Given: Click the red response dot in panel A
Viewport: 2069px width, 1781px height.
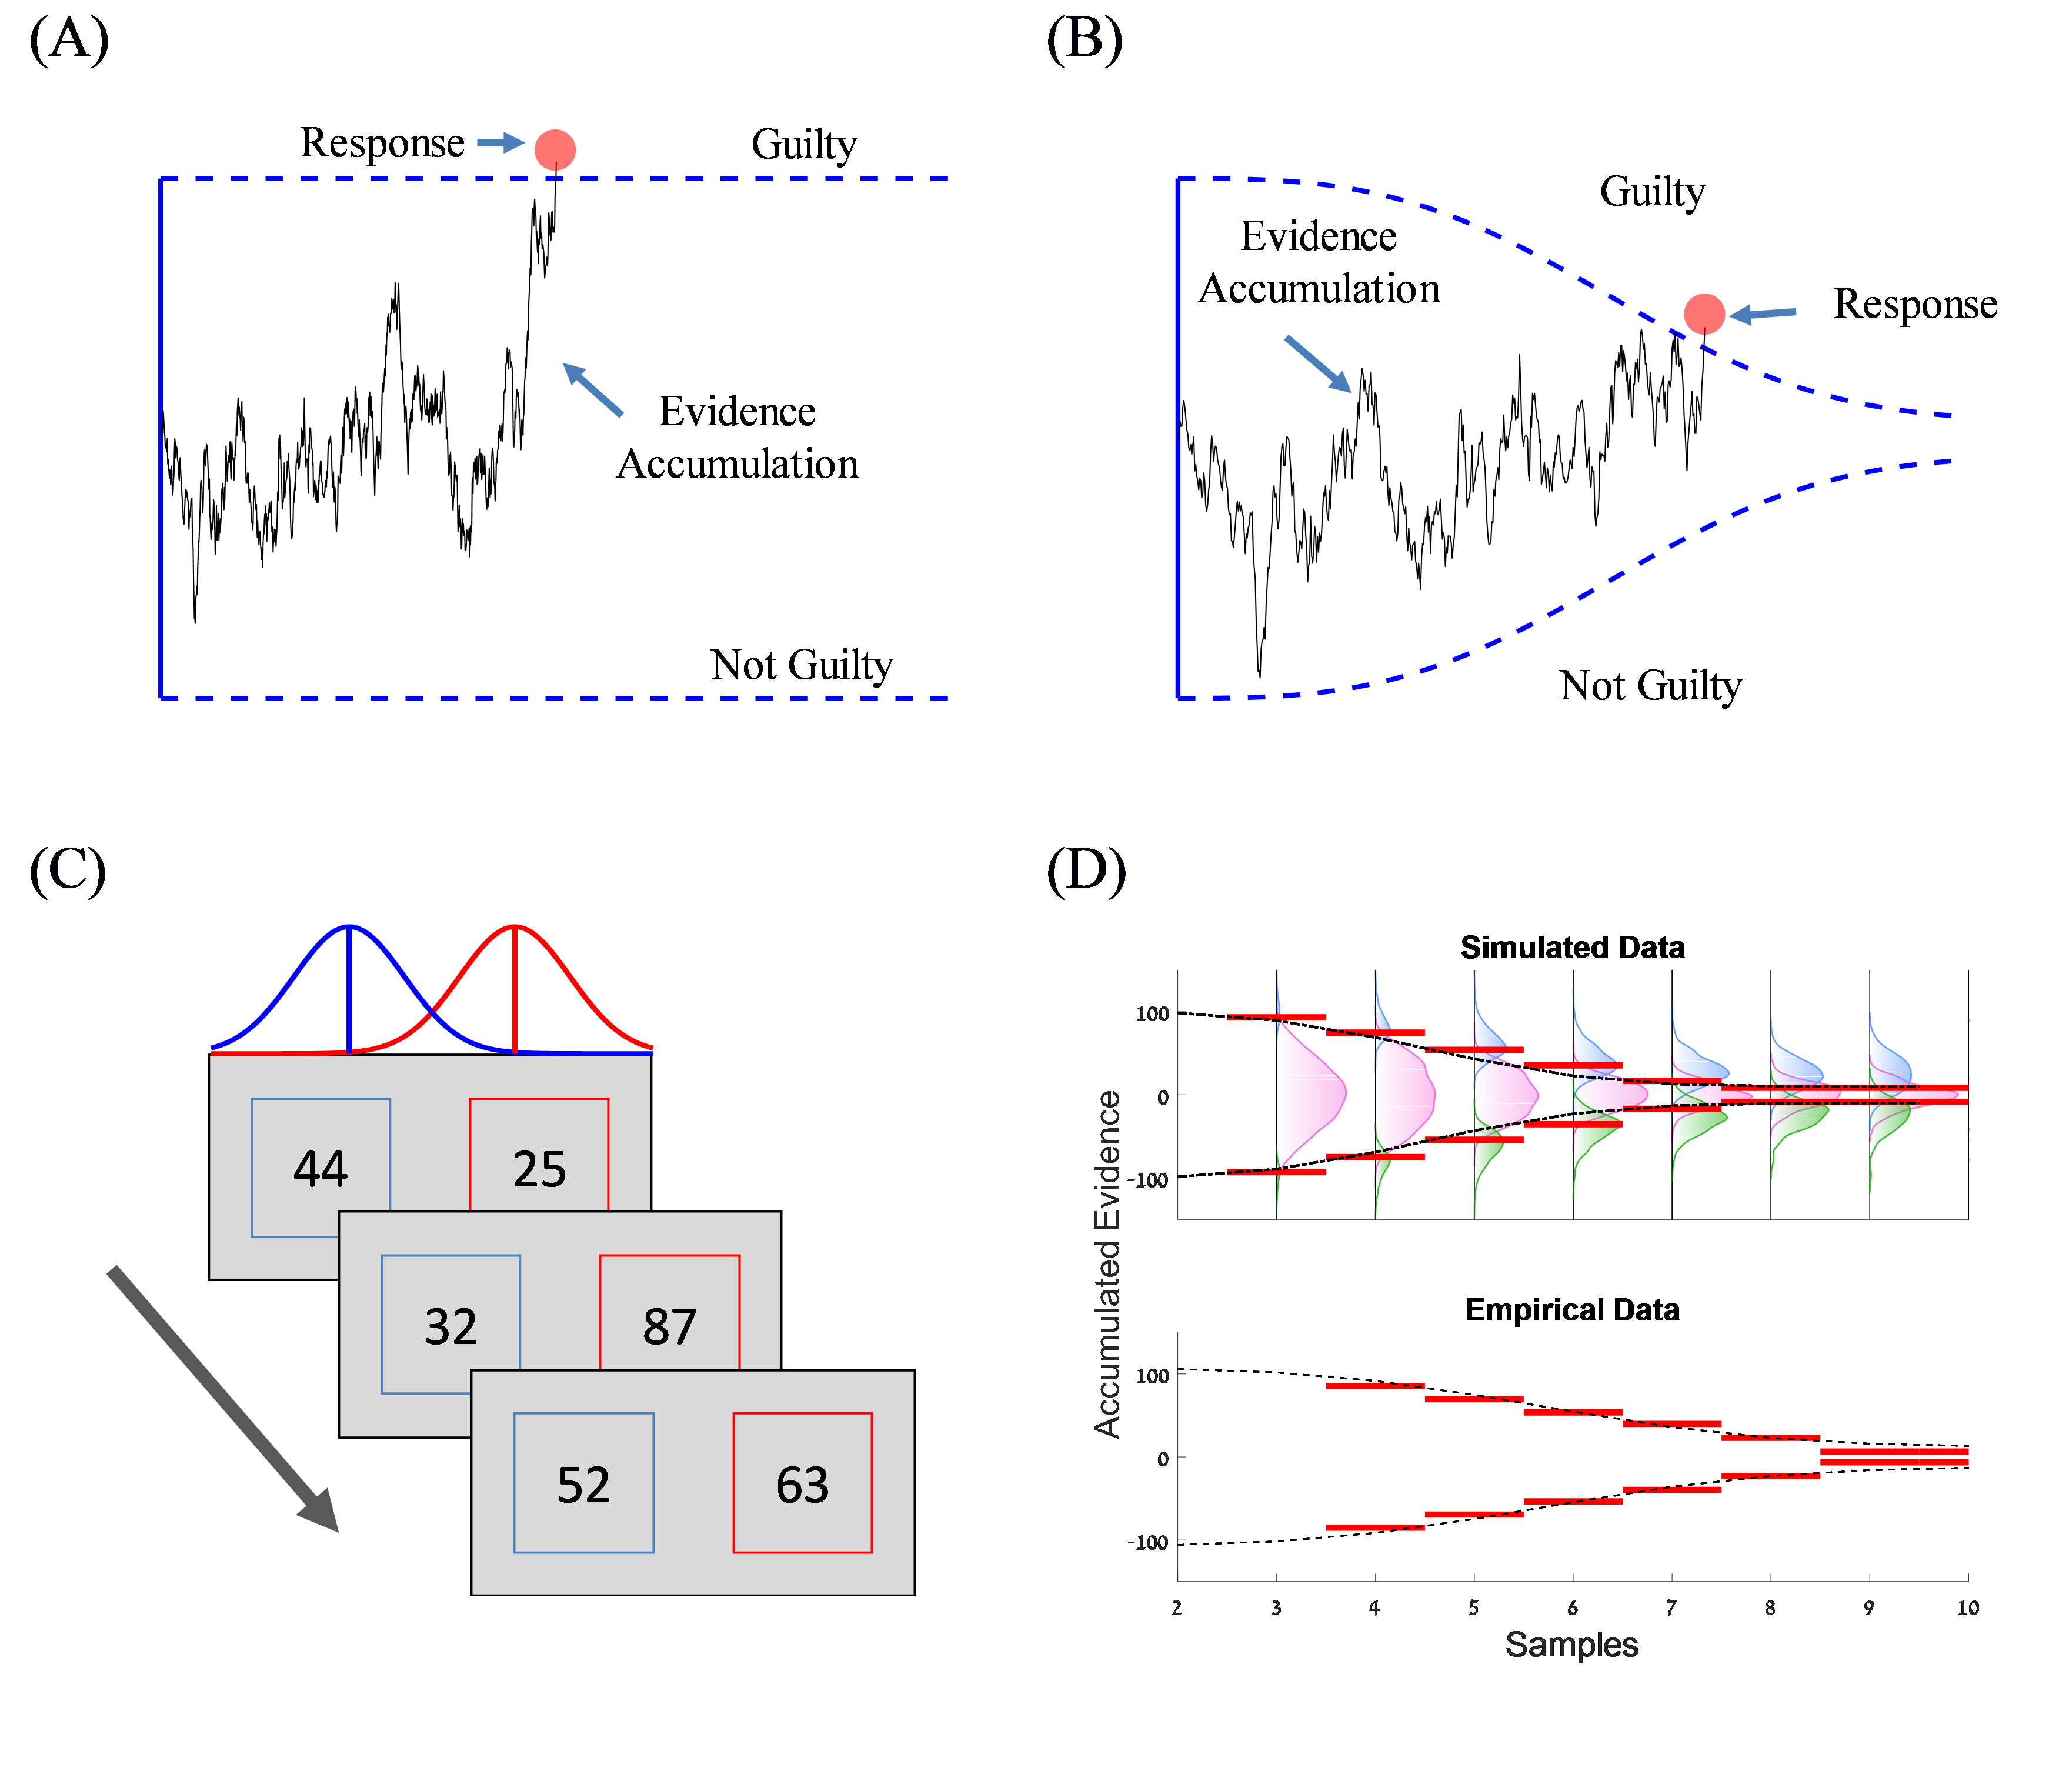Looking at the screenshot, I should click(x=555, y=150).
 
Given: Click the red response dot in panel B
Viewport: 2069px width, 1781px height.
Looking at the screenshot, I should click(x=1704, y=313).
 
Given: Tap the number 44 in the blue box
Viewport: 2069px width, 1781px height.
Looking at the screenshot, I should click(x=321, y=1169).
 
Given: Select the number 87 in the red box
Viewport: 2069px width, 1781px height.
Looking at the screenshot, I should click(x=669, y=1326).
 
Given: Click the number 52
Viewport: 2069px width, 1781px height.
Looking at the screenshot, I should click(x=583, y=1485).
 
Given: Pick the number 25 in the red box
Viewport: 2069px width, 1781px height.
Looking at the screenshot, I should click(x=539, y=1169).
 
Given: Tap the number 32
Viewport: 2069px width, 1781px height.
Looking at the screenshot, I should click(x=450, y=1326).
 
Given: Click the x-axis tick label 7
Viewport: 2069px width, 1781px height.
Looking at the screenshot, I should click(x=1671, y=1607).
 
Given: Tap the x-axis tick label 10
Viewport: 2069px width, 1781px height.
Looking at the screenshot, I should click(x=1967, y=1607).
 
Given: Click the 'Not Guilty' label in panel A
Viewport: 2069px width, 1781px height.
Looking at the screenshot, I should click(x=802, y=664).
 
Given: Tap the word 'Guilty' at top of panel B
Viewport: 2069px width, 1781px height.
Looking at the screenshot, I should click(x=1653, y=191).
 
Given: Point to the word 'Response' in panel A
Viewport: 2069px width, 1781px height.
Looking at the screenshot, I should click(x=382, y=143).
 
